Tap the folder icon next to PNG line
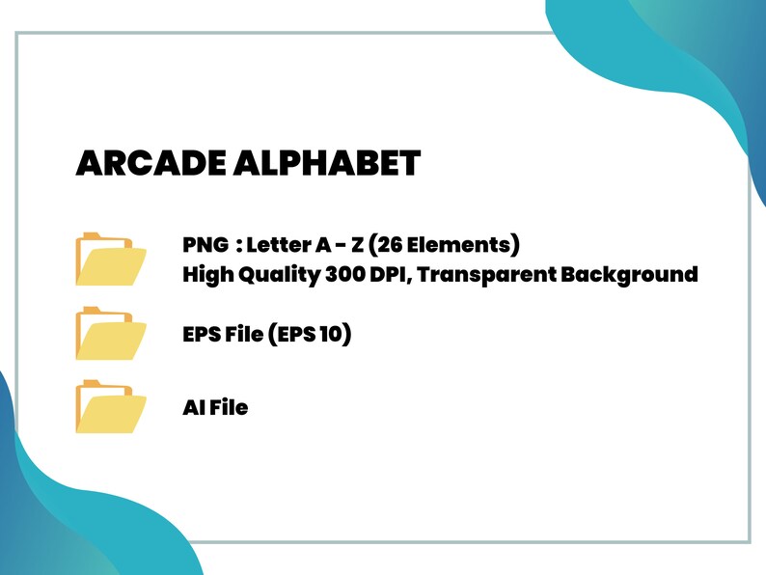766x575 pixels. click(x=110, y=260)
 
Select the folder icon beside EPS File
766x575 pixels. click(x=110, y=334)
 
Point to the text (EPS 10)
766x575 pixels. click(x=311, y=335)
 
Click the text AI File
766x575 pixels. click(x=215, y=407)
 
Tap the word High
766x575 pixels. click(x=205, y=275)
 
